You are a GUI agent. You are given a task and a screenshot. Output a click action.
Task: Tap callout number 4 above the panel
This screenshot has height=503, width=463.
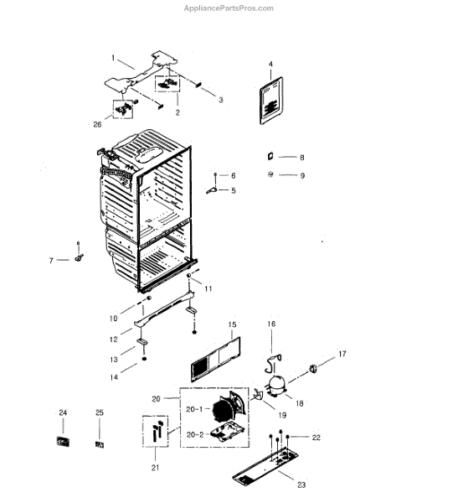[271, 65]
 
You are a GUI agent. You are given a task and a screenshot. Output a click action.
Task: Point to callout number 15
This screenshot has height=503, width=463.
[232, 324]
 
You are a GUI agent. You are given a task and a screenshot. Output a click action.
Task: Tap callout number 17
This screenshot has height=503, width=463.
[342, 353]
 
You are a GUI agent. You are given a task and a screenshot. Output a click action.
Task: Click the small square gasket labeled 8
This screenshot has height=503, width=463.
[270, 157]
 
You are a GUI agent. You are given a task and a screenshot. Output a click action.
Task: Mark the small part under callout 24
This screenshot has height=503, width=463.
[62, 441]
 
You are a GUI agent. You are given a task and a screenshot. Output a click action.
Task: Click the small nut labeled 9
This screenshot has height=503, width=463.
[270, 174]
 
